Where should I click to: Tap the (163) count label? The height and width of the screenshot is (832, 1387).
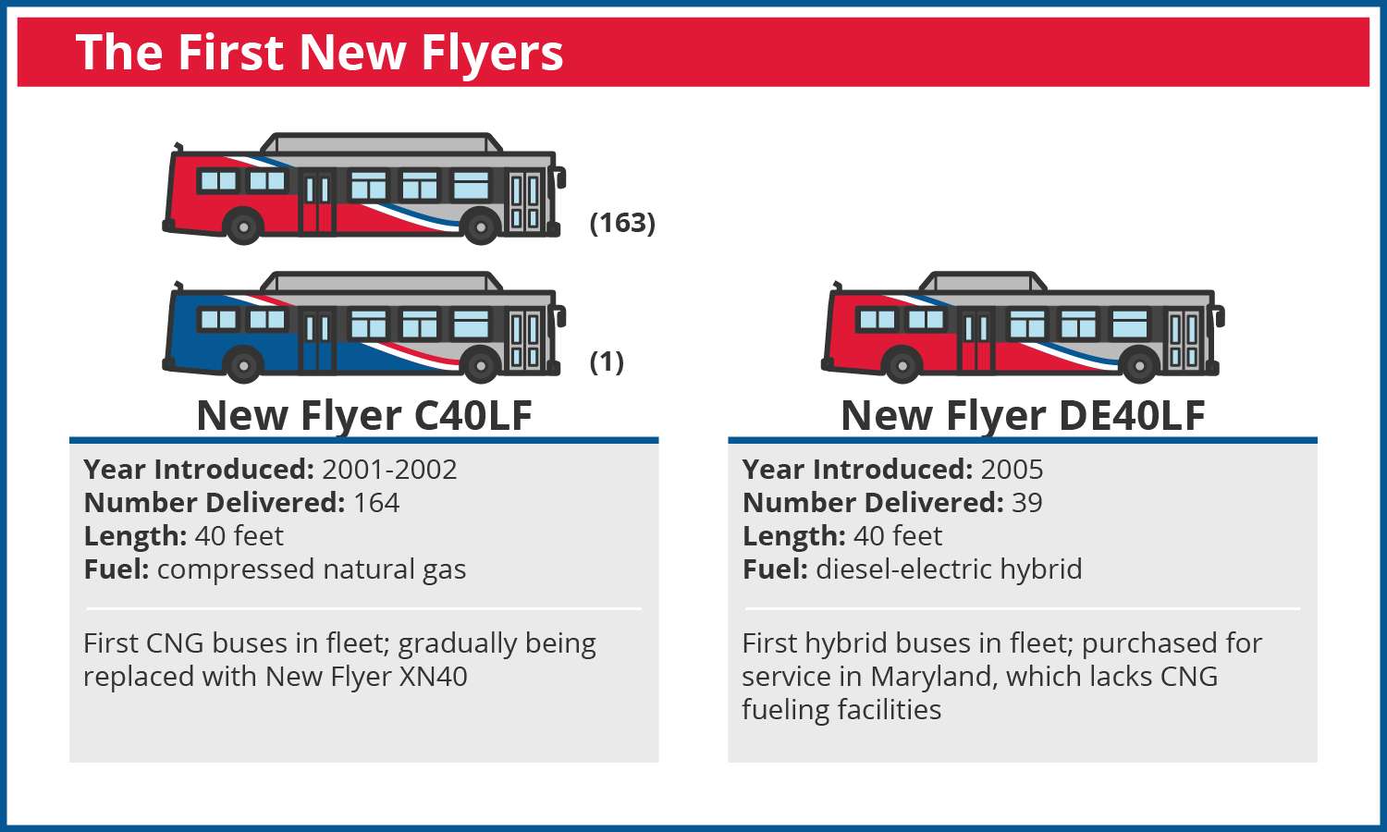point(622,223)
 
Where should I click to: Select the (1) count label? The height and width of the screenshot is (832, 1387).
point(607,361)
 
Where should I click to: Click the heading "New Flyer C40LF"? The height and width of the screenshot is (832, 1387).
point(364,415)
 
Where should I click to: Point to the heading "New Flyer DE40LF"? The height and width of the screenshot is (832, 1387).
point(1023,415)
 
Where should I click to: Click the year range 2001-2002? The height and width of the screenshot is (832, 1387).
point(389,470)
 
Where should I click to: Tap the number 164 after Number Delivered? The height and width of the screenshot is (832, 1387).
point(376,503)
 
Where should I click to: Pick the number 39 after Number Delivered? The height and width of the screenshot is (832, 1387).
point(1027,503)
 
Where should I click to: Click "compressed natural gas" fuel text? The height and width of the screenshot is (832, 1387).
point(312,569)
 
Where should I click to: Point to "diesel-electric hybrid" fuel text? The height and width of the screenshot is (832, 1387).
point(949,569)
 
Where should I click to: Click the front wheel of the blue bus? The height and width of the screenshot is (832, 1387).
point(481,364)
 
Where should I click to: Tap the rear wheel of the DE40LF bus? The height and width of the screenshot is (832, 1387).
point(902,364)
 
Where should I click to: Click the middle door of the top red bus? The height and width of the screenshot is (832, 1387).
point(317,202)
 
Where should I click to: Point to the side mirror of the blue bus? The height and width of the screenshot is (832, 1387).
point(561,316)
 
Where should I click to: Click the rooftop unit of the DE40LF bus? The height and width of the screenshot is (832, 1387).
point(983,282)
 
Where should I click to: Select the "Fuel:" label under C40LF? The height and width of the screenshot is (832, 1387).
point(117,569)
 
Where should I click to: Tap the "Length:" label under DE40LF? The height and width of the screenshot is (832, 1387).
point(793,536)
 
